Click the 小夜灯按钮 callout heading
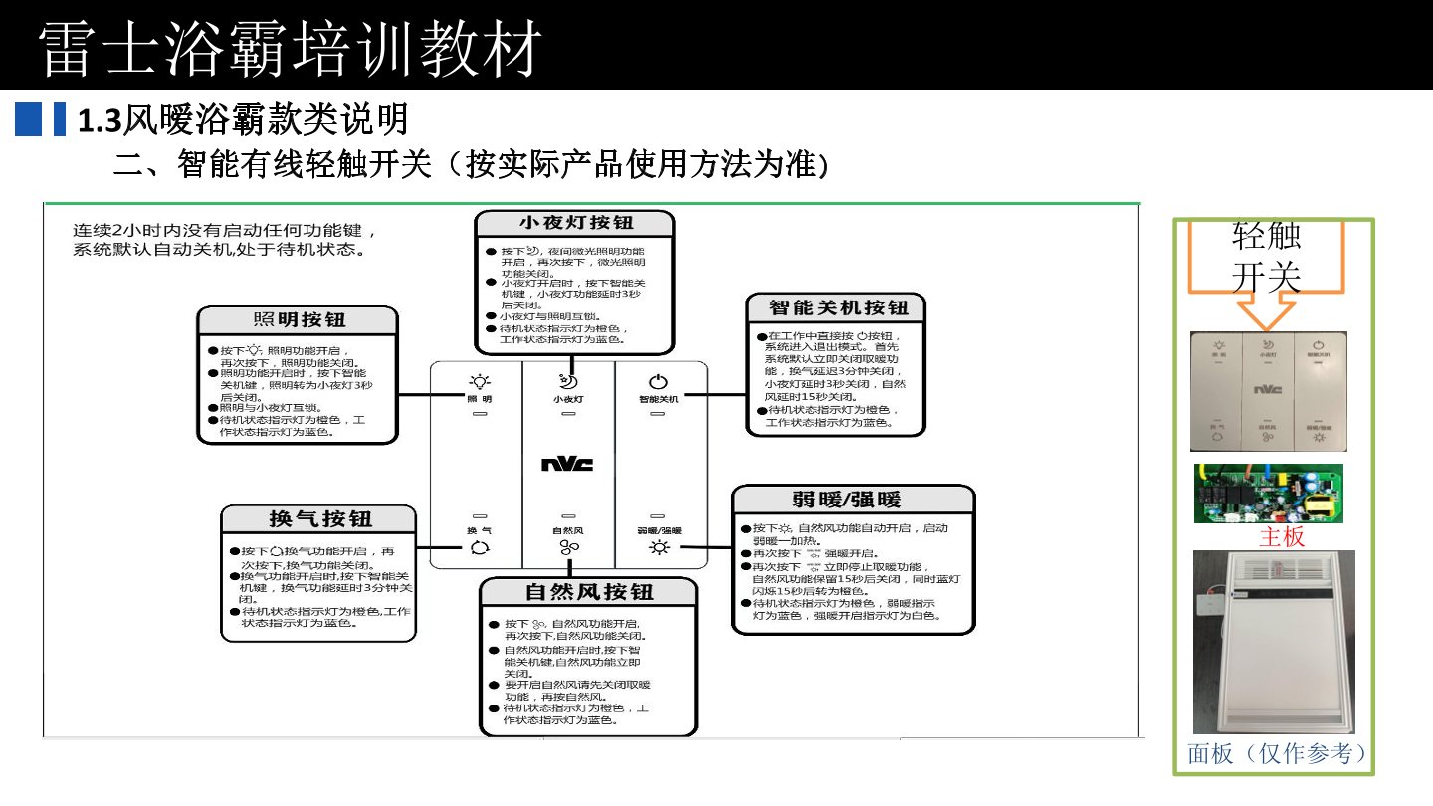[x=574, y=223]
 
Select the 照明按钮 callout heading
[x=298, y=319]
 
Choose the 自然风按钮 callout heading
[x=588, y=591]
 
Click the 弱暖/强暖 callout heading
[x=854, y=499]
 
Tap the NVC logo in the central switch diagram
[x=568, y=464]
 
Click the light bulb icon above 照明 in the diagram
[x=480, y=381]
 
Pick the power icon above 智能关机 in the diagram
[x=658, y=381]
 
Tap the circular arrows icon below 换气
[x=480, y=547]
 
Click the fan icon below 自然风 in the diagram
[x=568, y=548]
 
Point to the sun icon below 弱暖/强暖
[x=658, y=547]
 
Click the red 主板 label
[x=1282, y=537]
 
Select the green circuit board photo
[x=1269, y=493]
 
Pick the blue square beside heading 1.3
[x=29, y=119]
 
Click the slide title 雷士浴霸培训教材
[x=292, y=47]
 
